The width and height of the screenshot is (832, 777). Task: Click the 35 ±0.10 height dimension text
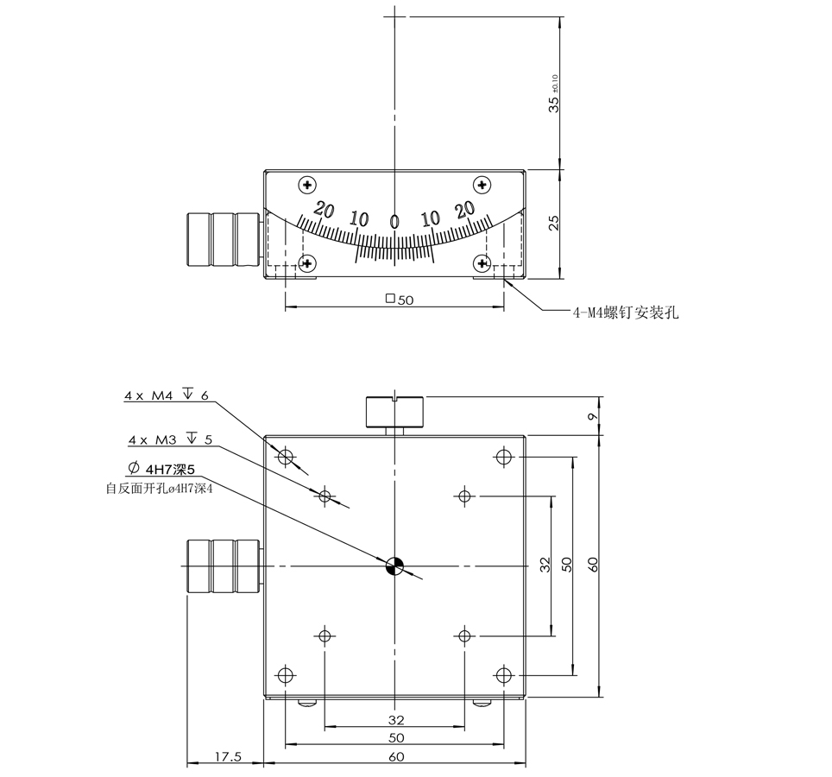click(554, 93)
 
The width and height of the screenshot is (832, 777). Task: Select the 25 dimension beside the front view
click(555, 222)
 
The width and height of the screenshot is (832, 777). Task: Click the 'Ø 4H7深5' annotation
click(164, 470)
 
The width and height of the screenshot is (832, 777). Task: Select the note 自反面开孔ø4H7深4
click(159, 488)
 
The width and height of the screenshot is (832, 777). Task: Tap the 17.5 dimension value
click(228, 757)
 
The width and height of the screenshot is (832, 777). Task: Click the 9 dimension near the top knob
click(591, 416)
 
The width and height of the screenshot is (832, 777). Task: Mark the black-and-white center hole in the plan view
click(394, 565)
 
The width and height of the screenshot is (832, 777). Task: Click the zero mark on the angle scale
click(394, 222)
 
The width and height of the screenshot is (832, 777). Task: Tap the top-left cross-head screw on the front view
click(306, 185)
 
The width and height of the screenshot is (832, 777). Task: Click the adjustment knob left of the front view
click(223, 239)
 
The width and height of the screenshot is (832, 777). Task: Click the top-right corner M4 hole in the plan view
click(504, 457)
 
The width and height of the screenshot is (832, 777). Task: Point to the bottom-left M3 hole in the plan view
click(325, 636)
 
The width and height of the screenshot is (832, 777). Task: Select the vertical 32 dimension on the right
click(545, 565)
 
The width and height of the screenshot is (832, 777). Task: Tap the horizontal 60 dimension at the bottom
click(395, 757)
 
